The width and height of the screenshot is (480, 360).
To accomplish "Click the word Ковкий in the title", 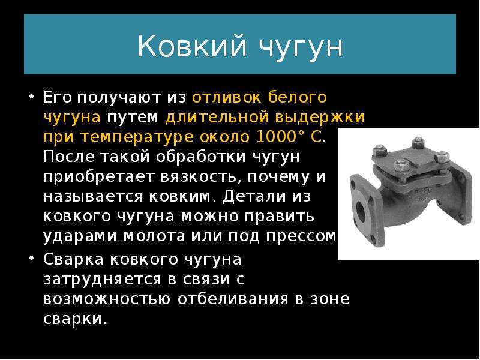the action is [191, 46].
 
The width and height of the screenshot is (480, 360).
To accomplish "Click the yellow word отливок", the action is [227, 97].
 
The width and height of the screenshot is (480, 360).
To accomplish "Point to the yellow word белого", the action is [297, 97].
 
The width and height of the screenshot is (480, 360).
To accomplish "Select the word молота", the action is [154, 236].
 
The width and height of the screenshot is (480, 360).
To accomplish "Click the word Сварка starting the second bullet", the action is [73, 259].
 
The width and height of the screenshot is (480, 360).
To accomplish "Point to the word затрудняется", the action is [102, 280].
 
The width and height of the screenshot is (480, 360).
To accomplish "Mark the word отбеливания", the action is [233, 299].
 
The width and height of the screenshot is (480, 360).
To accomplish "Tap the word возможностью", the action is [107, 299].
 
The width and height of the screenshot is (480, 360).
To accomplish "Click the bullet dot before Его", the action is [31, 96].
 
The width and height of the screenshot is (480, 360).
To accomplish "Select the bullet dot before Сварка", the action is [31, 258].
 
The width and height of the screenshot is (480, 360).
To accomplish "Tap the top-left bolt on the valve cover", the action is [379, 151].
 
